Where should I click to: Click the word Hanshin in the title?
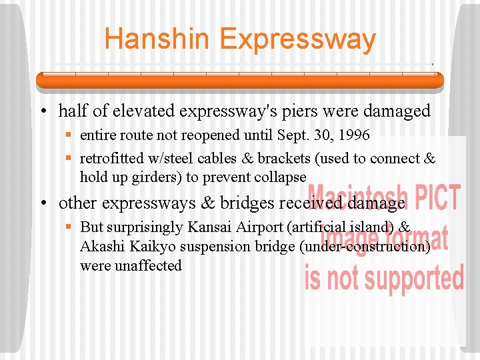(157, 39)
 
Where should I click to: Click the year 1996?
(353, 135)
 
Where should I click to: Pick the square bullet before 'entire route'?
(69, 136)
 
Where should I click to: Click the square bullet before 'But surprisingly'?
(69, 228)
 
